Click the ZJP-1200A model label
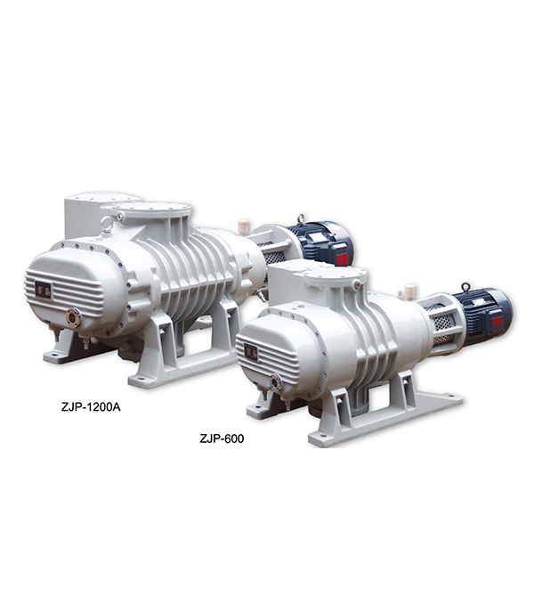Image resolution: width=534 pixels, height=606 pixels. tap(91, 407)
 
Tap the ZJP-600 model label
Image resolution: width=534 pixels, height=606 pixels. tap(222, 438)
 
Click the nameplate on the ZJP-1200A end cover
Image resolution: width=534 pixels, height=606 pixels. tap(43, 290)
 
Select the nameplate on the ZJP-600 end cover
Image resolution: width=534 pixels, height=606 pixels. tap(251, 352)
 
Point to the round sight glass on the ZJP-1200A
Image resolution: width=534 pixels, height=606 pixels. tap(73, 317)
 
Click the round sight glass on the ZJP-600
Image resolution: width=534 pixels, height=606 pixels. tap(276, 381)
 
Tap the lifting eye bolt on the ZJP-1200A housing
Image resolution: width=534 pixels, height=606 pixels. tap(107, 224)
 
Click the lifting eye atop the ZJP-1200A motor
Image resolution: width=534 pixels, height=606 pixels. tap(301, 218)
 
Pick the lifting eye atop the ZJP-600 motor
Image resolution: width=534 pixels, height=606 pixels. tap(465, 287)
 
